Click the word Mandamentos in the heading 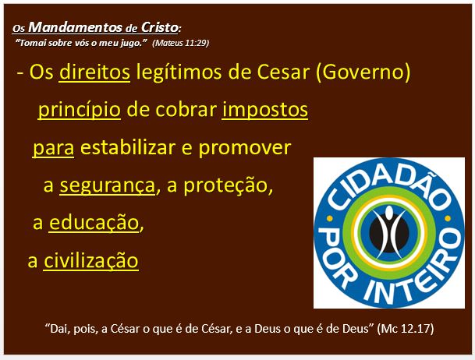click(76, 27)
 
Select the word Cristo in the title click(160, 27)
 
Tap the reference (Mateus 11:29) click(180, 43)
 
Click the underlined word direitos click(94, 72)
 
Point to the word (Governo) click(363, 72)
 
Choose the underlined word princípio click(80, 110)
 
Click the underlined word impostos click(265, 110)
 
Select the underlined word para click(53, 148)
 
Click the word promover click(245, 148)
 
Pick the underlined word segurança click(107, 185)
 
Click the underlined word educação click(94, 223)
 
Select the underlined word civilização click(91, 260)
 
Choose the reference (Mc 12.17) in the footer click(406, 329)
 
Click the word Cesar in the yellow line click(283, 72)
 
